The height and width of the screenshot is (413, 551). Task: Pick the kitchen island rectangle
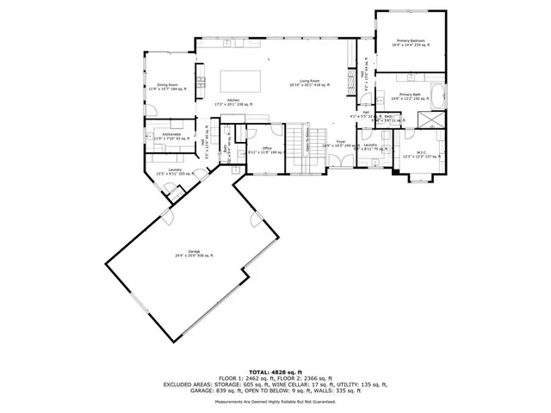coord(242,80)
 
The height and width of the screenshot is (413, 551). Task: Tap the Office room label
coord(254,149)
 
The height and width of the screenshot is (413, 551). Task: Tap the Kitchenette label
coord(169,136)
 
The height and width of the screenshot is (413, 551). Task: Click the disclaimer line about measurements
coord(275,402)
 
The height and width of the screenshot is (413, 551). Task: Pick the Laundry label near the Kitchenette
coord(175,171)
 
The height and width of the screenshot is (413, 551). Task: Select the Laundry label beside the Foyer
coord(370,146)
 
